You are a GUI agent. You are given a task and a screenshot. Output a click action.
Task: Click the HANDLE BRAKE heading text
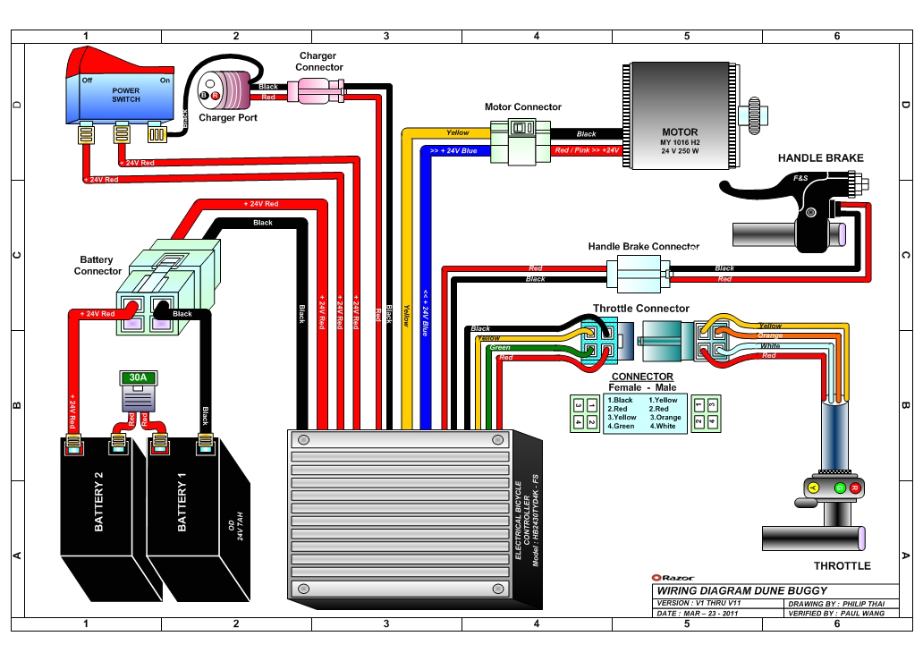[820, 158]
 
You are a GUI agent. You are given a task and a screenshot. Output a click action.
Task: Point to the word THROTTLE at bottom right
[842, 566]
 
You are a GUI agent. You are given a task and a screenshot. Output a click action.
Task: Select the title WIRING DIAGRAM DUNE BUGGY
[741, 590]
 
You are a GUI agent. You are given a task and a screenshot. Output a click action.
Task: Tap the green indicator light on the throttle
[840, 488]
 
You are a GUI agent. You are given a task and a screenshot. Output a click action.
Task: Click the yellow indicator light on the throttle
[813, 488]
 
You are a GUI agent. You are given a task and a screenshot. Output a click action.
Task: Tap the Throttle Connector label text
[641, 309]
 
